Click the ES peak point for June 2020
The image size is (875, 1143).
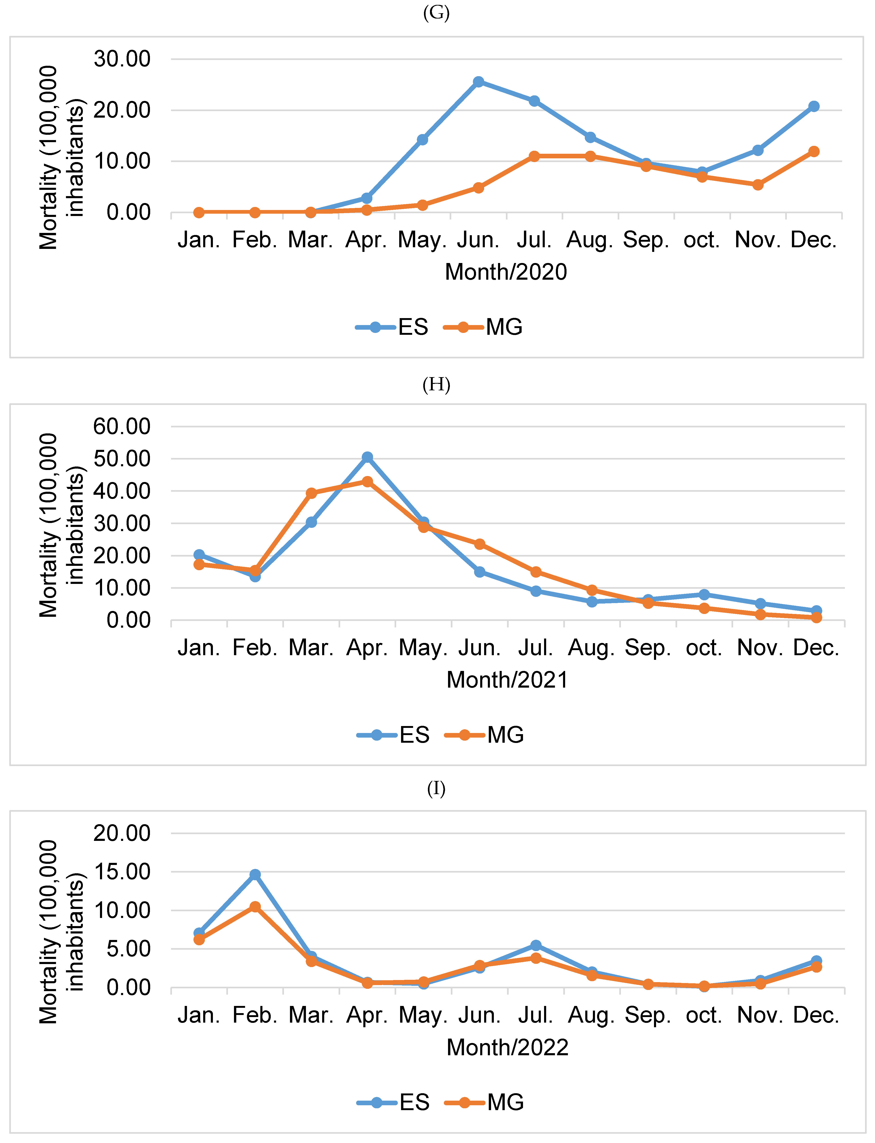point(478,82)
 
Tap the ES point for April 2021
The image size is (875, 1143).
point(367,457)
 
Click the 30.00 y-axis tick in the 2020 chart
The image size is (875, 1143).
point(122,59)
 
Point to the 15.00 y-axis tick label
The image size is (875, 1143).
point(122,872)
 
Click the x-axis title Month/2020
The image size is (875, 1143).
point(506,272)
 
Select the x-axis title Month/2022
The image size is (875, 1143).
point(507,1047)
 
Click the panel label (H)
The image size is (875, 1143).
point(436,385)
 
